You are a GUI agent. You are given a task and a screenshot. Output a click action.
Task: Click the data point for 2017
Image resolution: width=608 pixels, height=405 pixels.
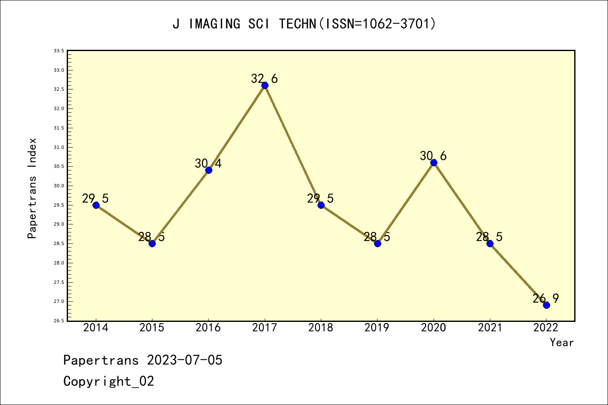(x=265, y=85)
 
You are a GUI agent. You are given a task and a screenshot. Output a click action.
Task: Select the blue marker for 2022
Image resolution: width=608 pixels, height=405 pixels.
(x=546, y=305)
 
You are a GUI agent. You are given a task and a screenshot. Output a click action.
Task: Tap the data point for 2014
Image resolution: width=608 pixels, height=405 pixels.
(x=96, y=205)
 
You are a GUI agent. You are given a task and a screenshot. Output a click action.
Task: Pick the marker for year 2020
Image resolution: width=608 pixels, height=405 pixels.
(x=434, y=162)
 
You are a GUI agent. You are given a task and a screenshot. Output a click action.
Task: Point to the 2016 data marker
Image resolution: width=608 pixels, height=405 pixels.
(x=209, y=170)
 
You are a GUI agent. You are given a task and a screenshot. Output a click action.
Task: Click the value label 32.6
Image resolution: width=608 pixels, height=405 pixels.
(x=264, y=78)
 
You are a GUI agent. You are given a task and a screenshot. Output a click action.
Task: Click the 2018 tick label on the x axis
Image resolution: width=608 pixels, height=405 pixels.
(x=321, y=328)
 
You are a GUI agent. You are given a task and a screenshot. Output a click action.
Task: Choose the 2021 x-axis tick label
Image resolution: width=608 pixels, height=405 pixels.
(x=490, y=328)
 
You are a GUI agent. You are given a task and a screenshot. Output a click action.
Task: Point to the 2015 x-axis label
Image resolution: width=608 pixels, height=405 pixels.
(x=152, y=328)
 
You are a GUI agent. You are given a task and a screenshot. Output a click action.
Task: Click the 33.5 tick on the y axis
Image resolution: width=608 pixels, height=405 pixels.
(x=59, y=51)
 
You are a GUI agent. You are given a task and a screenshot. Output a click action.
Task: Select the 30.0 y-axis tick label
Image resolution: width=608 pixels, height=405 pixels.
(x=59, y=186)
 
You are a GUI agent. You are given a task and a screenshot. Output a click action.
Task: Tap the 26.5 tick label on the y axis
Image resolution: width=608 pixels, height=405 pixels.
(x=59, y=321)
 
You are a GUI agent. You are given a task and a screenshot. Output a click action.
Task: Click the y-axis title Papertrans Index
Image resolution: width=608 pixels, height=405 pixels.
(x=32, y=188)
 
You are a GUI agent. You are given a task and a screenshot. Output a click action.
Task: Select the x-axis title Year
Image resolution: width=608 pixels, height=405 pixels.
(x=562, y=343)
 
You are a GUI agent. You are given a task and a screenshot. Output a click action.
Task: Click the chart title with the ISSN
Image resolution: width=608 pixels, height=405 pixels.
(x=304, y=24)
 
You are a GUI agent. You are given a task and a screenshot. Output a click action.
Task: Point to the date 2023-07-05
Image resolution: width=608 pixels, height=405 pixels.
(x=185, y=360)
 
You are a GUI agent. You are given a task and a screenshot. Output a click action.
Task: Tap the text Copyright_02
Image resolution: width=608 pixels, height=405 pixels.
(x=109, y=381)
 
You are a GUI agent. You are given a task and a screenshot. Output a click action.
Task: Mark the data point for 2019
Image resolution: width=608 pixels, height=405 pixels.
(x=377, y=243)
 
